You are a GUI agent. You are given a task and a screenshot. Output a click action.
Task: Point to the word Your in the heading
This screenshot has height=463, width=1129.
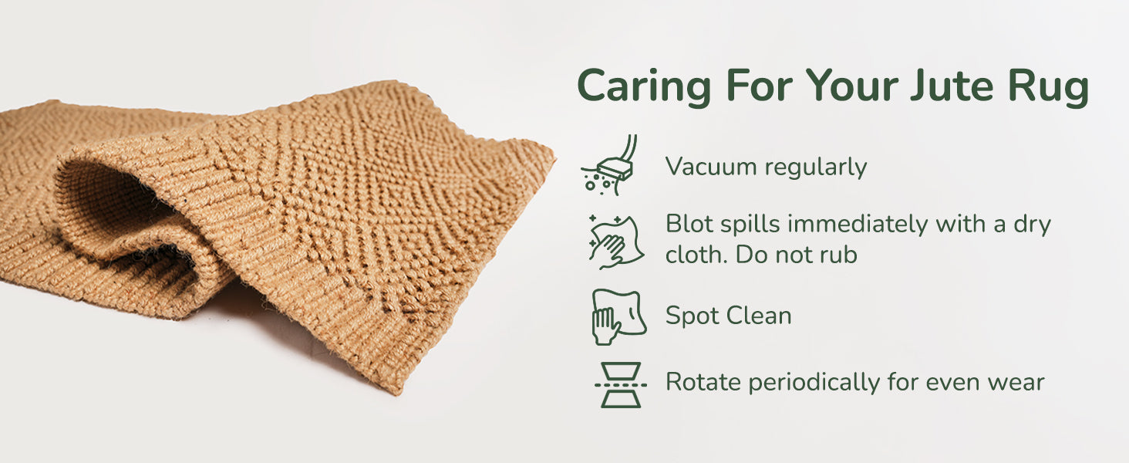tap(851, 86)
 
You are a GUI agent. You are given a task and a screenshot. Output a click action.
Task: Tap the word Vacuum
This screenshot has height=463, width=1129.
tap(711, 167)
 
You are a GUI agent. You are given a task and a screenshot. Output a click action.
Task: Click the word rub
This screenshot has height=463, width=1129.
tap(839, 255)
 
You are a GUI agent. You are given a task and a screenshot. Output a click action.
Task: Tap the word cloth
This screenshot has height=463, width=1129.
tap(696, 255)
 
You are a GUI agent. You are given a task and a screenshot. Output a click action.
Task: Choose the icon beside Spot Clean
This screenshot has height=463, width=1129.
tap(619, 317)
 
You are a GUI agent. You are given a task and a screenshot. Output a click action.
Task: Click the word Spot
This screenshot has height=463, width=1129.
tap(693, 316)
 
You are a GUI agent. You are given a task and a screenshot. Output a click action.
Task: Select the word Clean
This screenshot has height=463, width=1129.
tap(760, 316)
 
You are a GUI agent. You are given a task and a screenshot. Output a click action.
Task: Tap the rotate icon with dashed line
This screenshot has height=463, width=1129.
tap(621, 385)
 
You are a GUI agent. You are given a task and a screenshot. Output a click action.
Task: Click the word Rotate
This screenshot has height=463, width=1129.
tap(704, 382)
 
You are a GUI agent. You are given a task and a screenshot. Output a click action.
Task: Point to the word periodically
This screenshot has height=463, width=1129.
tap(814, 383)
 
